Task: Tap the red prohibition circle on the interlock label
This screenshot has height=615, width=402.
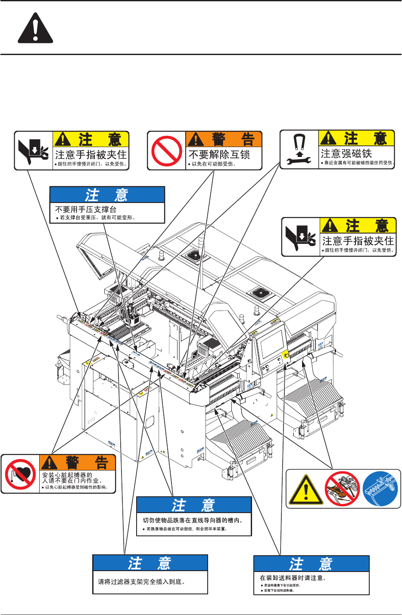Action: (x=167, y=151)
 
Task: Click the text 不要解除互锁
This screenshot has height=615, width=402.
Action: (x=219, y=154)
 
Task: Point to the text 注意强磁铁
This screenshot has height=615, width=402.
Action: (x=346, y=153)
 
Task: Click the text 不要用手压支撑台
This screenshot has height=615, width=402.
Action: (x=86, y=209)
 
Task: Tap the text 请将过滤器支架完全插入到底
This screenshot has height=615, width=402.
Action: (x=141, y=582)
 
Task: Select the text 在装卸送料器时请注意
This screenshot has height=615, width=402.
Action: (x=293, y=578)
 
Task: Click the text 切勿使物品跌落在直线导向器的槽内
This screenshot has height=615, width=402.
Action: (x=193, y=520)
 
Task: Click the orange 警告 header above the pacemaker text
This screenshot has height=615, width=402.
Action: (x=78, y=463)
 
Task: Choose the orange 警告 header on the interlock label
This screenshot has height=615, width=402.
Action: (x=224, y=139)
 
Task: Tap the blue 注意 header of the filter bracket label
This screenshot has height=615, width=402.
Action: (x=150, y=563)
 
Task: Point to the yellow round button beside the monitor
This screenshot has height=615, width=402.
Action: (x=285, y=357)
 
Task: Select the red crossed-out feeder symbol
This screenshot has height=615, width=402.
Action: (x=342, y=489)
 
